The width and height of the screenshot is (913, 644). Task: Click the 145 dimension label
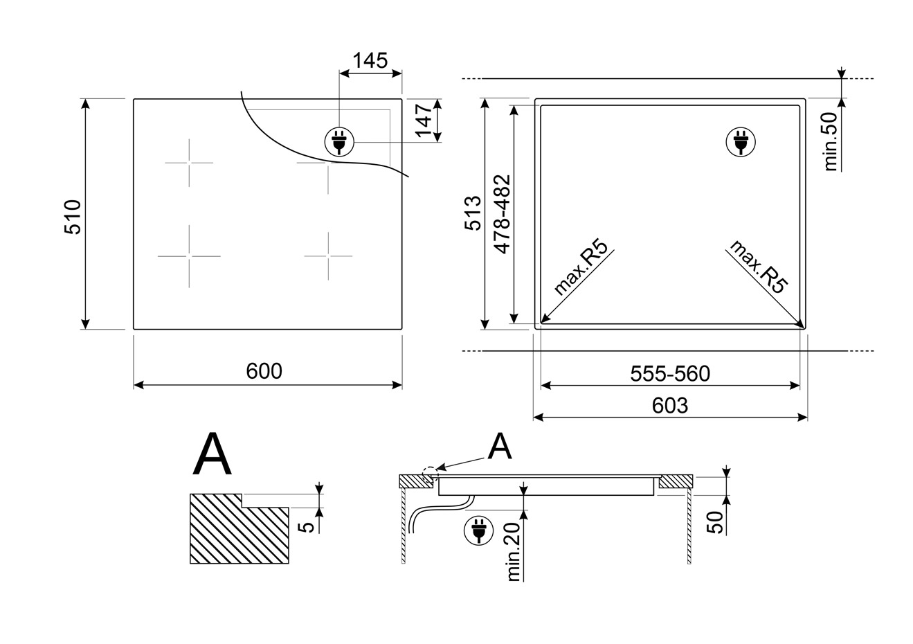[x=370, y=60]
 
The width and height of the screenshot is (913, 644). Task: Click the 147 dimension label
[x=424, y=120]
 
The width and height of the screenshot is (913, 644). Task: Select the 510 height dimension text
[x=73, y=217]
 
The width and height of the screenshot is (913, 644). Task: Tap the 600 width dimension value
[x=264, y=371]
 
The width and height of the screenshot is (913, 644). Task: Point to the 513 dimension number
[x=473, y=213]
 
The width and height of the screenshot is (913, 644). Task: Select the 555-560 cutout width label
[x=670, y=374]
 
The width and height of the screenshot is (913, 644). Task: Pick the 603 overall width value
[x=670, y=406]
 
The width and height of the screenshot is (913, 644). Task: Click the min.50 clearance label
[x=830, y=141]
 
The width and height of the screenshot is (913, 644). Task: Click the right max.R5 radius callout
[x=759, y=267]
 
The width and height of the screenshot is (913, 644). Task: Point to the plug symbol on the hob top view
[x=339, y=142]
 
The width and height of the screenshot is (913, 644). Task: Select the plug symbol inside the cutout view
[x=741, y=142]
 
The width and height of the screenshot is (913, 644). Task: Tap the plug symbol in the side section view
[x=478, y=530]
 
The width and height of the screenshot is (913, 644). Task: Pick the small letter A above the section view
[x=500, y=446]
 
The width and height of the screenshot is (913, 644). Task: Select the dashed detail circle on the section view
[x=430, y=475]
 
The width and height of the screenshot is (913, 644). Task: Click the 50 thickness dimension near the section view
[x=714, y=522]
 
